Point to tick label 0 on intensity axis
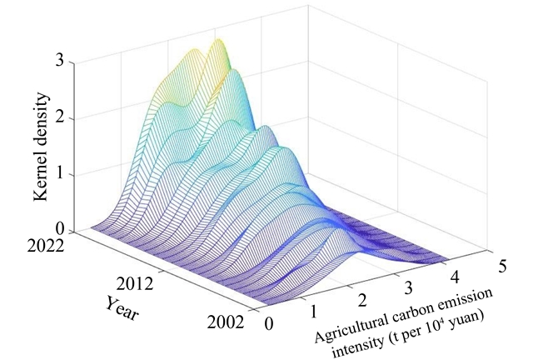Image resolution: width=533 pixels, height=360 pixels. (267, 323)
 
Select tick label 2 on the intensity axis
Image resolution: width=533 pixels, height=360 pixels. (361, 298)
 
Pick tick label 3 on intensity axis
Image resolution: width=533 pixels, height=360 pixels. (406, 286)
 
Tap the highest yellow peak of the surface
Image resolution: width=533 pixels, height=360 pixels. (218, 42)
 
